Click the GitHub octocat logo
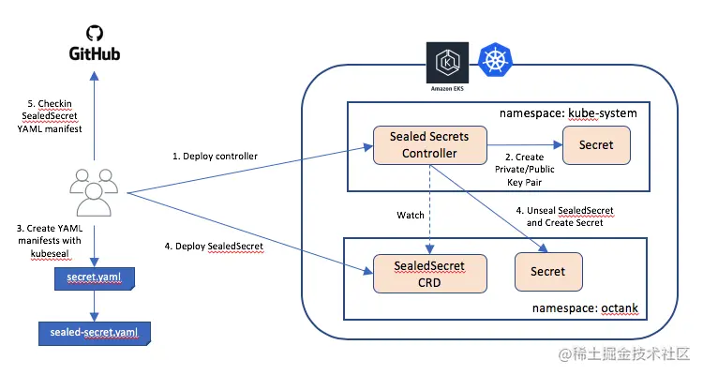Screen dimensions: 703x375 pos(95,33)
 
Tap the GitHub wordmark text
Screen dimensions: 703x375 pos(95,53)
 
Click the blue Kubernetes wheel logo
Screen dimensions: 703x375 pos(495,60)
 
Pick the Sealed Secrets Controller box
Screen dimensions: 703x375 pos(429,145)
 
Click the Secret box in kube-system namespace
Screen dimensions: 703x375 pos(596,145)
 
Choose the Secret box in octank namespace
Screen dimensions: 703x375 pos(548,272)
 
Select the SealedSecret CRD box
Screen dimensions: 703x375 pos(429,274)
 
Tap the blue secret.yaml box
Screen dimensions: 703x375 pos(95,278)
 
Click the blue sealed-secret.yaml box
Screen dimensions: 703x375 pos(94,334)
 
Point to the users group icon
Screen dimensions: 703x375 pos(94,192)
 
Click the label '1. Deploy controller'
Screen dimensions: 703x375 pos(216,157)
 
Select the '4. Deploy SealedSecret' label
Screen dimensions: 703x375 pos(214,247)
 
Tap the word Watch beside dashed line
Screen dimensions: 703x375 pos(411,216)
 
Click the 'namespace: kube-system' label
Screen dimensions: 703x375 pos(568,113)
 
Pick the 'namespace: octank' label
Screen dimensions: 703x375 pos(585,308)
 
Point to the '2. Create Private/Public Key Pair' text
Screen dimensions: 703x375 pos(525,170)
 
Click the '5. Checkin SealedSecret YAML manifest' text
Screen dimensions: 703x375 pos(50,116)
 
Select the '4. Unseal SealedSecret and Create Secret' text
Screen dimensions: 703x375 pos(565,217)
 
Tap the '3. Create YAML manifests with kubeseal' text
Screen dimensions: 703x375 pos(50,241)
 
